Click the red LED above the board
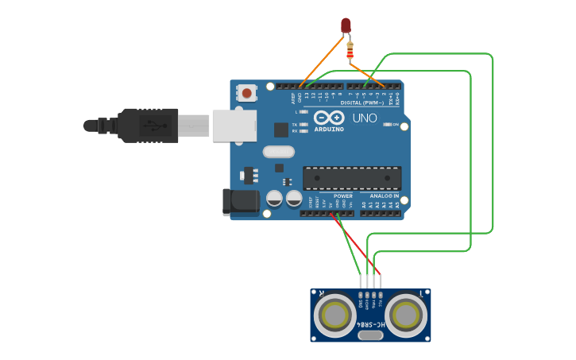pyautogui.click(x=346, y=25)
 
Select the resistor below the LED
pyautogui.click(x=351, y=50)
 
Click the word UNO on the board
pyautogui.click(x=364, y=118)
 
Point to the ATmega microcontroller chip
pyautogui.click(x=351, y=178)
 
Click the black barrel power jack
pyautogui.click(x=241, y=202)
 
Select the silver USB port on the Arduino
pyautogui.click(x=234, y=126)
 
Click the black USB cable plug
pyautogui.click(x=147, y=126)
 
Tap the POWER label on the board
pyautogui.click(x=342, y=195)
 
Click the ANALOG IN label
pyautogui.click(x=384, y=195)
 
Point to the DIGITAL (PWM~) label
pyautogui.click(x=361, y=103)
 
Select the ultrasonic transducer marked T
pyautogui.click(x=407, y=315)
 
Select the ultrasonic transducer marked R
pyautogui.click(x=334, y=315)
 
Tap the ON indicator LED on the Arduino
pyautogui.click(x=388, y=125)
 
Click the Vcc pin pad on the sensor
pyautogui.click(x=381, y=292)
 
